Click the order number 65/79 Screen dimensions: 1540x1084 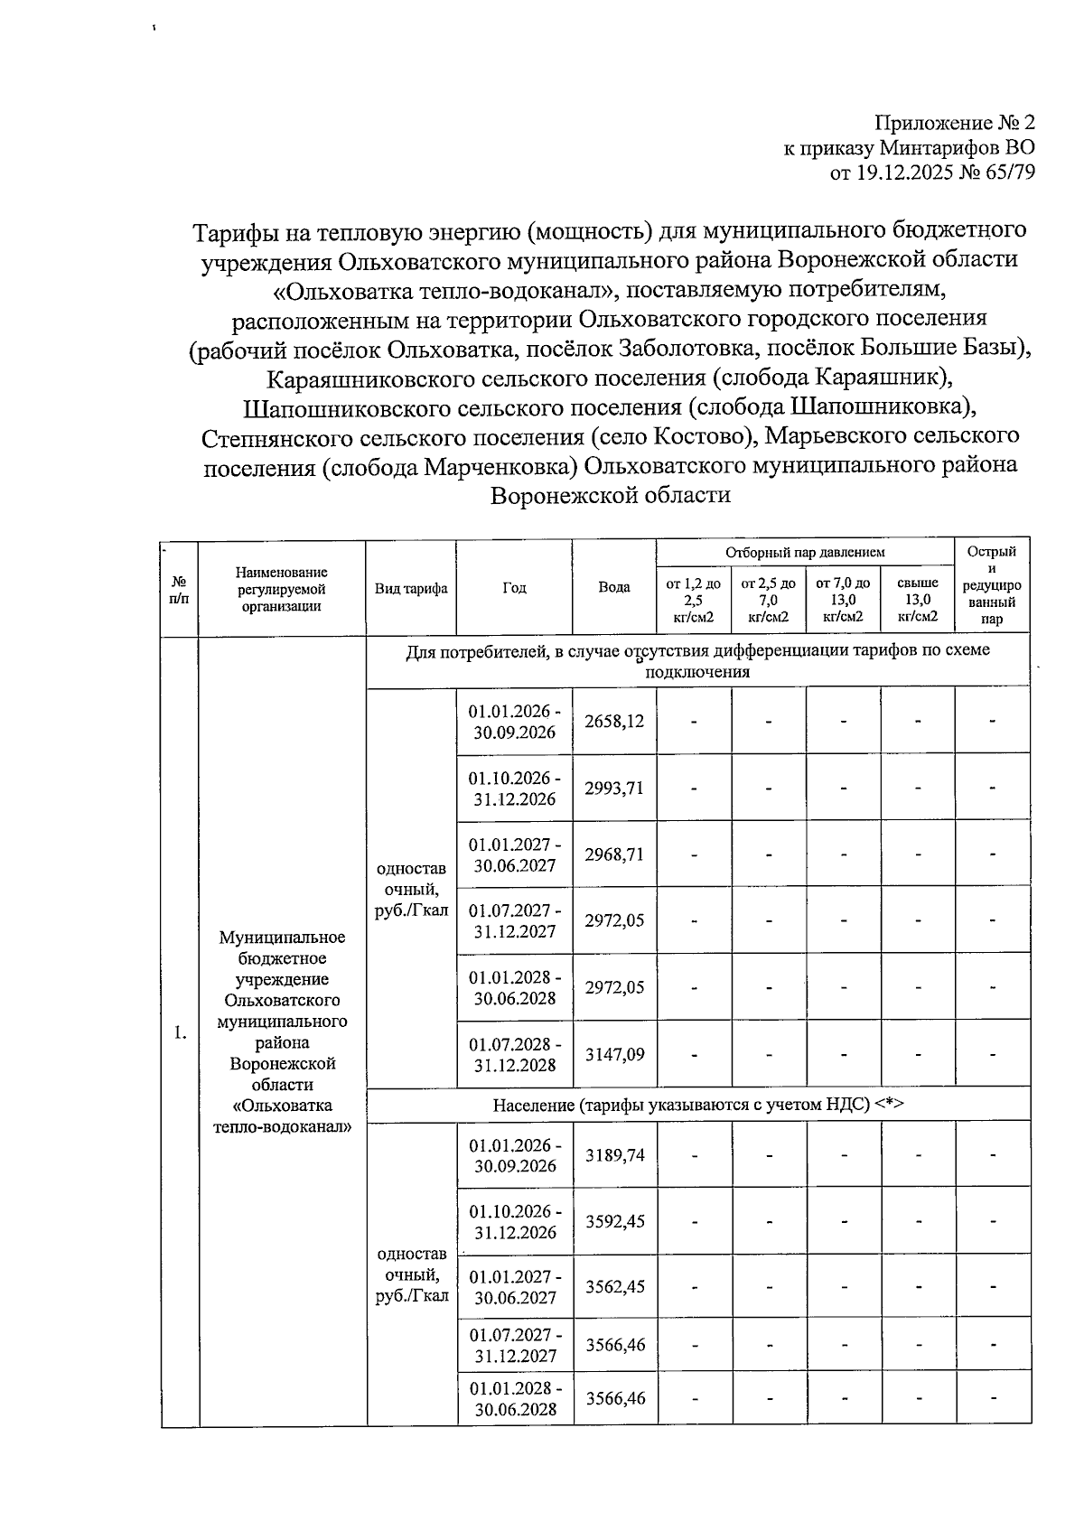(x=1003, y=172)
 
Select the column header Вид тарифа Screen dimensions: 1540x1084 (x=411, y=588)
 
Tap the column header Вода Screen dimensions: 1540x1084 (x=614, y=587)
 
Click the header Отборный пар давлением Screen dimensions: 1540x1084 (x=805, y=552)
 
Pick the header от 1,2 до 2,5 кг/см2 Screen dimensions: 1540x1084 (x=693, y=601)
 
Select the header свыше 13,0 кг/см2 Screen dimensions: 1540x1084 (x=918, y=601)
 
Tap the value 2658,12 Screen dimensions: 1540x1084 (x=614, y=721)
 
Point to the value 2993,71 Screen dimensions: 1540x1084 (x=614, y=788)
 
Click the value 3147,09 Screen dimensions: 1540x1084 (x=614, y=1054)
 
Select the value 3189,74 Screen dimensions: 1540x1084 (x=614, y=1155)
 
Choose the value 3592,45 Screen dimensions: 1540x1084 (x=614, y=1221)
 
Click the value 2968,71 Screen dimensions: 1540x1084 (x=614, y=854)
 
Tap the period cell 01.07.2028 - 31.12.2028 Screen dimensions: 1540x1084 (x=515, y=1054)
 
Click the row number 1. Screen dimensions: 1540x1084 (x=180, y=1033)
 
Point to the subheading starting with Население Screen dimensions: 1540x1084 (x=697, y=1104)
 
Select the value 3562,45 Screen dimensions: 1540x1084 (x=614, y=1286)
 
